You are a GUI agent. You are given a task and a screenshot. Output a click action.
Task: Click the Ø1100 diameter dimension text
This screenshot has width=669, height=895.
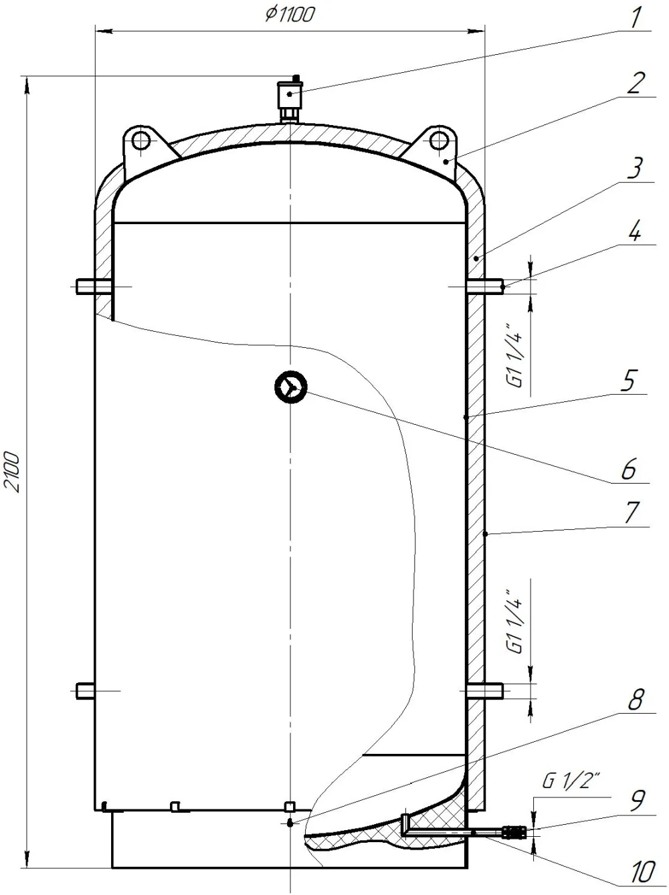290,14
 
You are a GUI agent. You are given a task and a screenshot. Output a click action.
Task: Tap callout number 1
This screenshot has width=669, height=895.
635,17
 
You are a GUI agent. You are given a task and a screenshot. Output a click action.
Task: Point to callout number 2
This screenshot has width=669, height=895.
636,83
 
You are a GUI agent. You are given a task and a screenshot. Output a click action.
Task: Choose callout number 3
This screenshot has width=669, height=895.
635,168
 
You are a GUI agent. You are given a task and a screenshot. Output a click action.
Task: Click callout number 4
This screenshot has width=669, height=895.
634,230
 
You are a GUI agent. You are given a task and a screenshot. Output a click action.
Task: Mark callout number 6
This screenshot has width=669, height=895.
628,469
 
